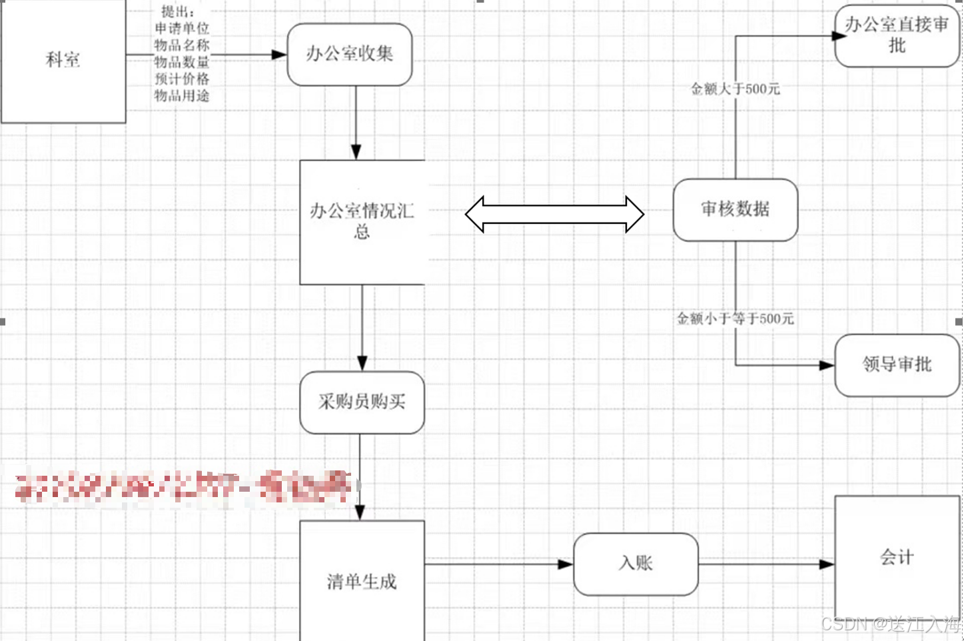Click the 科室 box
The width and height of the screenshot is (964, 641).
pyautogui.click(x=63, y=61)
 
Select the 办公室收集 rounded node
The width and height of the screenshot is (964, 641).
pyautogui.click(x=350, y=55)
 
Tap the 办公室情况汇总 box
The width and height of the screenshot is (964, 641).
pyautogui.click(x=362, y=222)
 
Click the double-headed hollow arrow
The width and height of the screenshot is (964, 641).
pyautogui.click(x=554, y=214)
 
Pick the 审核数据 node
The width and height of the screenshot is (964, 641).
pyautogui.click(x=735, y=210)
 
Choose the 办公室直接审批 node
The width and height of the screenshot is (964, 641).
pyautogui.click(x=897, y=36)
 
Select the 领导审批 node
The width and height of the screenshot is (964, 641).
pyautogui.click(x=897, y=365)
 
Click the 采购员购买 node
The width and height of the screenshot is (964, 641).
pyautogui.click(x=362, y=402)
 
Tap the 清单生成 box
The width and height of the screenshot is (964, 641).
pyautogui.click(x=362, y=581)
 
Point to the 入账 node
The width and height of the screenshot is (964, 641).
pyautogui.click(x=636, y=564)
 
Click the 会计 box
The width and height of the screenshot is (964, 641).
pyautogui.click(x=897, y=557)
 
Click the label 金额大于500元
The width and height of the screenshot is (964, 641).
pyautogui.click(x=735, y=89)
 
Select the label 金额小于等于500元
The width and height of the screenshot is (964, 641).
pyautogui.click(x=735, y=319)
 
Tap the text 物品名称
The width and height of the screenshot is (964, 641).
pyautogui.click(x=182, y=45)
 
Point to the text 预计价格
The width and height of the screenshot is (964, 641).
pyautogui.click(x=182, y=79)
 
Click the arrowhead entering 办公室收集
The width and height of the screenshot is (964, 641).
pyautogui.click(x=279, y=55)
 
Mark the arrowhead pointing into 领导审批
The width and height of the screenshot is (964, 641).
pyautogui.click(x=827, y=365)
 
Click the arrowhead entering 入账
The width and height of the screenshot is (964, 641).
pyautogui.click(x=566, y=564)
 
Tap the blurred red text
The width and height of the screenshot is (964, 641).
pyautogui.click(x=183, y=486)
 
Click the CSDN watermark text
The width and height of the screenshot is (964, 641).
pyautogui.click(x=891, y=624)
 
